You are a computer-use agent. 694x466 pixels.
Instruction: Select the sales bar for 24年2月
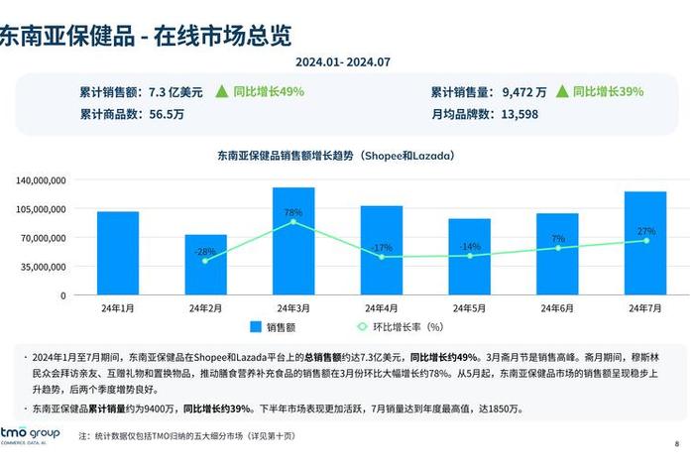205,265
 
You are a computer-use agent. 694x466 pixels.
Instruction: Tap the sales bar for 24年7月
645,243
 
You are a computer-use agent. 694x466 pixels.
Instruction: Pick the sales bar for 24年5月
469,257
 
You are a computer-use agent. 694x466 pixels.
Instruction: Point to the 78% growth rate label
293,212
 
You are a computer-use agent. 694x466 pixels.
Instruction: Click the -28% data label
205,252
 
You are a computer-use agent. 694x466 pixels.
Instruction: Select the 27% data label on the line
645,231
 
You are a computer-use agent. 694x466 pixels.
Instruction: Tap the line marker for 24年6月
557,248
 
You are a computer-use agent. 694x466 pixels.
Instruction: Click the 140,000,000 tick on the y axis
42,180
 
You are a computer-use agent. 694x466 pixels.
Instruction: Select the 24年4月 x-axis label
382,308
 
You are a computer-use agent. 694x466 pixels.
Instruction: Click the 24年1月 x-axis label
117,308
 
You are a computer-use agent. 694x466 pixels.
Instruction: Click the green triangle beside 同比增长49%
221,91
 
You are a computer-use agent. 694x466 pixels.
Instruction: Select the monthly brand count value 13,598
520,114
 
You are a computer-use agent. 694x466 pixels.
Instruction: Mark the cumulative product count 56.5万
167,114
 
